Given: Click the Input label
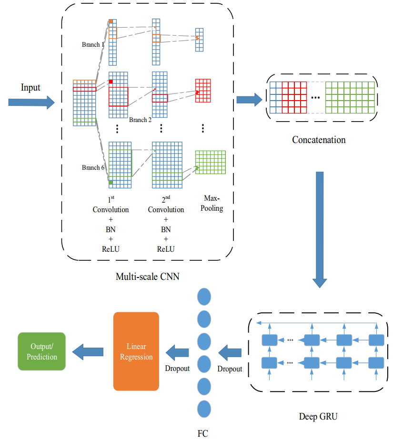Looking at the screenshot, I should (30, 88).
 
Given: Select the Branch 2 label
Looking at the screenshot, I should (140, 120).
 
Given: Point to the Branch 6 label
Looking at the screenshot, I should (93, 167).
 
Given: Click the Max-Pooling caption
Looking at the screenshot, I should (212, 203).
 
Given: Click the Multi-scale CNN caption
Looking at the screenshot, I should (148, 276).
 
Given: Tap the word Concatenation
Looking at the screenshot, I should (319, 140).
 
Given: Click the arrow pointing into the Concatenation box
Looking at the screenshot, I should (249, 100).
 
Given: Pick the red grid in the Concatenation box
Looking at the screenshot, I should (294, 97).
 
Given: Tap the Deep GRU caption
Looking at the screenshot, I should (318, 417).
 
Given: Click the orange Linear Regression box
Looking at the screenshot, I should (136, 351).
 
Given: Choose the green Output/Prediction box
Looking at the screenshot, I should (41, 351).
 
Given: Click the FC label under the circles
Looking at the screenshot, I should (202, 433).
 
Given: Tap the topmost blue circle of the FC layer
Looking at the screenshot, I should (204, 295).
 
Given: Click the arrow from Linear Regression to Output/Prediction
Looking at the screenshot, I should (88, 352).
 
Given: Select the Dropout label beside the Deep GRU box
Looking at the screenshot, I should (230, 369).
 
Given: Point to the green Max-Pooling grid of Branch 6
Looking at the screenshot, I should (210, 164).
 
